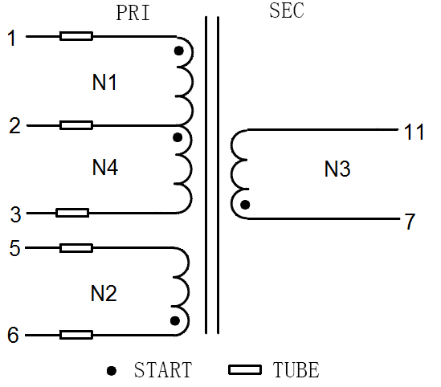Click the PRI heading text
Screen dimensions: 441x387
(x=133, y=13)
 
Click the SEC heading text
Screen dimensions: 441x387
(x=287, y=10)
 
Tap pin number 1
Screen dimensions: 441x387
(x=12, y=38)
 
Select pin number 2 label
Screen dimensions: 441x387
(x=15, y=125)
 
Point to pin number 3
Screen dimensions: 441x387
(x=16, y=214)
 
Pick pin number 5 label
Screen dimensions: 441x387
(x=15, y=248)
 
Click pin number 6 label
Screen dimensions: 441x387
(x=13, y=335)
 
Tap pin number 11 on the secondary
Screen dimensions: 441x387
(x=414, y=132)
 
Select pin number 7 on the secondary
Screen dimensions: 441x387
(x=410, y=222)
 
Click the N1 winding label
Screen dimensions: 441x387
(x=104, y=82)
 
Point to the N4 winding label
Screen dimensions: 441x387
(x=105, y=167)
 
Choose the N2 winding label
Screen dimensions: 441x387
(x=104, y=293)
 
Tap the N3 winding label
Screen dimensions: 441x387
(x=337, y=169)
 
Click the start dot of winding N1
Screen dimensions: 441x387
(x=179, y=51)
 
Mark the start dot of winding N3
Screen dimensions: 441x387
(x=245, y=205)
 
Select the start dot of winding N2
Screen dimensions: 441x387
(x=175, y=320)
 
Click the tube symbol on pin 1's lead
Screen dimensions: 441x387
(x=76, y=36)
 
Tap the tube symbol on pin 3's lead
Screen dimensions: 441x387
(x=72, y=213)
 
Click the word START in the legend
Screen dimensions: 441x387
(x=163, y=370)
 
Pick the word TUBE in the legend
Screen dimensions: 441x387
(x=296, y=370)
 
